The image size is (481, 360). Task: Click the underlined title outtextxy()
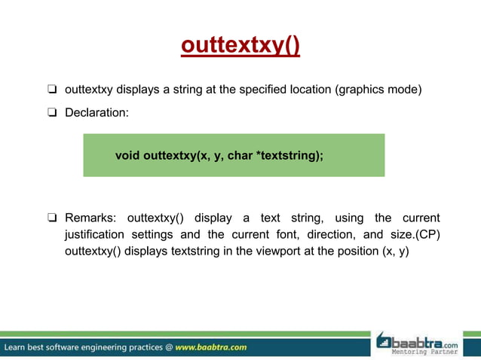point(240,47)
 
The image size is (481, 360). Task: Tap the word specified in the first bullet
point(263,90)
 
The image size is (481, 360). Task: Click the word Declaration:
point(97,113)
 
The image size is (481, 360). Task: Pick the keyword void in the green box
point(127,156)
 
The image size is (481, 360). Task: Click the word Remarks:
point(91,218)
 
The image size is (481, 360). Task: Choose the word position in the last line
point(350,251)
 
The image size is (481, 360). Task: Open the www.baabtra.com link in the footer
point(210,348)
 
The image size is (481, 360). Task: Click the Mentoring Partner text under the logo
point(424,352)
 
